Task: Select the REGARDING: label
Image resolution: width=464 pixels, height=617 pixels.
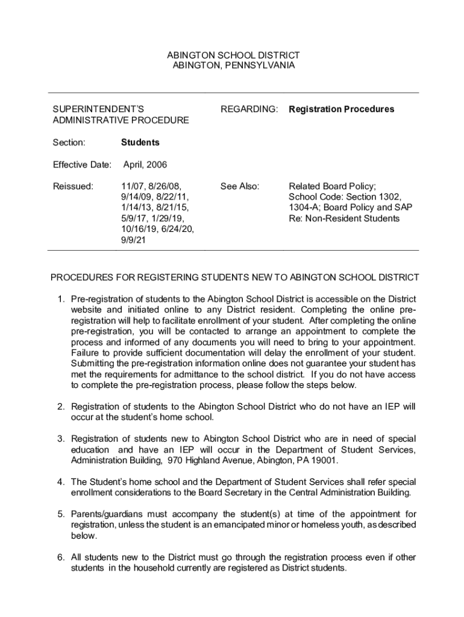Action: click(249, 109)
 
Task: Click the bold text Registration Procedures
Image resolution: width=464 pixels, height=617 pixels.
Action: click(341, 109)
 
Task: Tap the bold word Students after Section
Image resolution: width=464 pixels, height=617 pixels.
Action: click(140, 143)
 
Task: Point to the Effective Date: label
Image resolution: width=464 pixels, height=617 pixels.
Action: click(82, 164)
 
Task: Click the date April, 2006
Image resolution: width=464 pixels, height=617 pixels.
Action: click(145, 164)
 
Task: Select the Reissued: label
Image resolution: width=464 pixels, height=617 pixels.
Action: click(73, 186)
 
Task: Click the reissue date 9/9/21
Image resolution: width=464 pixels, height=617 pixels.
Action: click(133, 240)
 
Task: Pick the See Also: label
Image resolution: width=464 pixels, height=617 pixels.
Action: click(240, 186)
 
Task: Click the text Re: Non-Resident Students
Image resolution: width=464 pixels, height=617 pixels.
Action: click(343, 219)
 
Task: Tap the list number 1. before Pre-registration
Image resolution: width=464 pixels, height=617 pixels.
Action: click(61, 299)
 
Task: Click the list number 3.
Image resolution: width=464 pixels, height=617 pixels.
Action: click(61, 439)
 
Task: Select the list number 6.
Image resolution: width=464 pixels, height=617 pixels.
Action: click(61, 557)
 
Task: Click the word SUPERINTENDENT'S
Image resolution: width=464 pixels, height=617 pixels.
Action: click(98, 109)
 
